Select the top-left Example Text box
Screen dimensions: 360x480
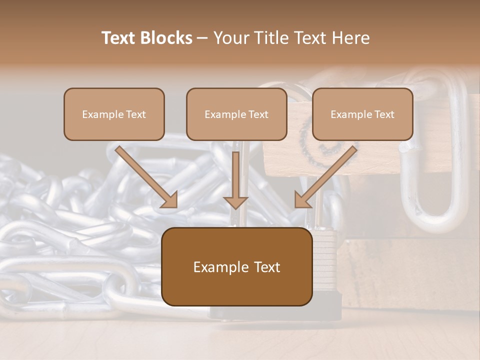coord(114,114)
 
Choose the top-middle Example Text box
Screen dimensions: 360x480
coord(236,114)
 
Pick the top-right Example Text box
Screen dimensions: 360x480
coord(362,114)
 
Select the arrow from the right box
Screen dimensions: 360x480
coord(325,177)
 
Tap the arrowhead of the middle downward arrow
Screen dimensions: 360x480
coord(235,202)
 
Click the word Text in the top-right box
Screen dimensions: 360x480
coord(384,114)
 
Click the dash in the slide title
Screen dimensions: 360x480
coord(202,38)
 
